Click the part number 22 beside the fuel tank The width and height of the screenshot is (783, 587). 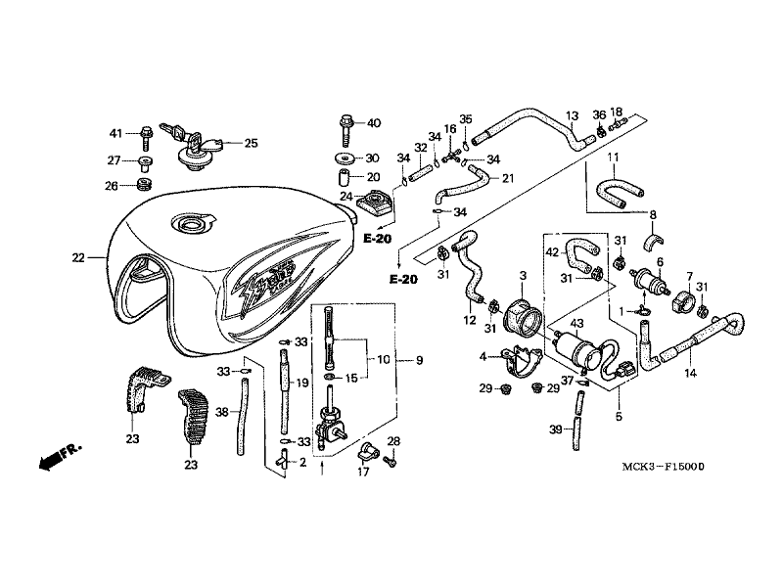pyautogui.click(x=78, y=258)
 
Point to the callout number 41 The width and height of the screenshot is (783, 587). pyautogui.click(x=115, y=133)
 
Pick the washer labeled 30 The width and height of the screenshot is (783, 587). pyautogui.click(x=345, y=158)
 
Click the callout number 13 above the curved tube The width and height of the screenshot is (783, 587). pyautogui.click(x=573, y=114)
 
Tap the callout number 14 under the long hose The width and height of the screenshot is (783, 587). pyautogui.click(x=690, y=373)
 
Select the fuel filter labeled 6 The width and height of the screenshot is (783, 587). pyautogui.click(x=645, y=280)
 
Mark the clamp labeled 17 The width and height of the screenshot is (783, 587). pyautogui.click(x=369, y=454)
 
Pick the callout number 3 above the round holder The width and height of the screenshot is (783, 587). pyautogui.click(x=524, y=276)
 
